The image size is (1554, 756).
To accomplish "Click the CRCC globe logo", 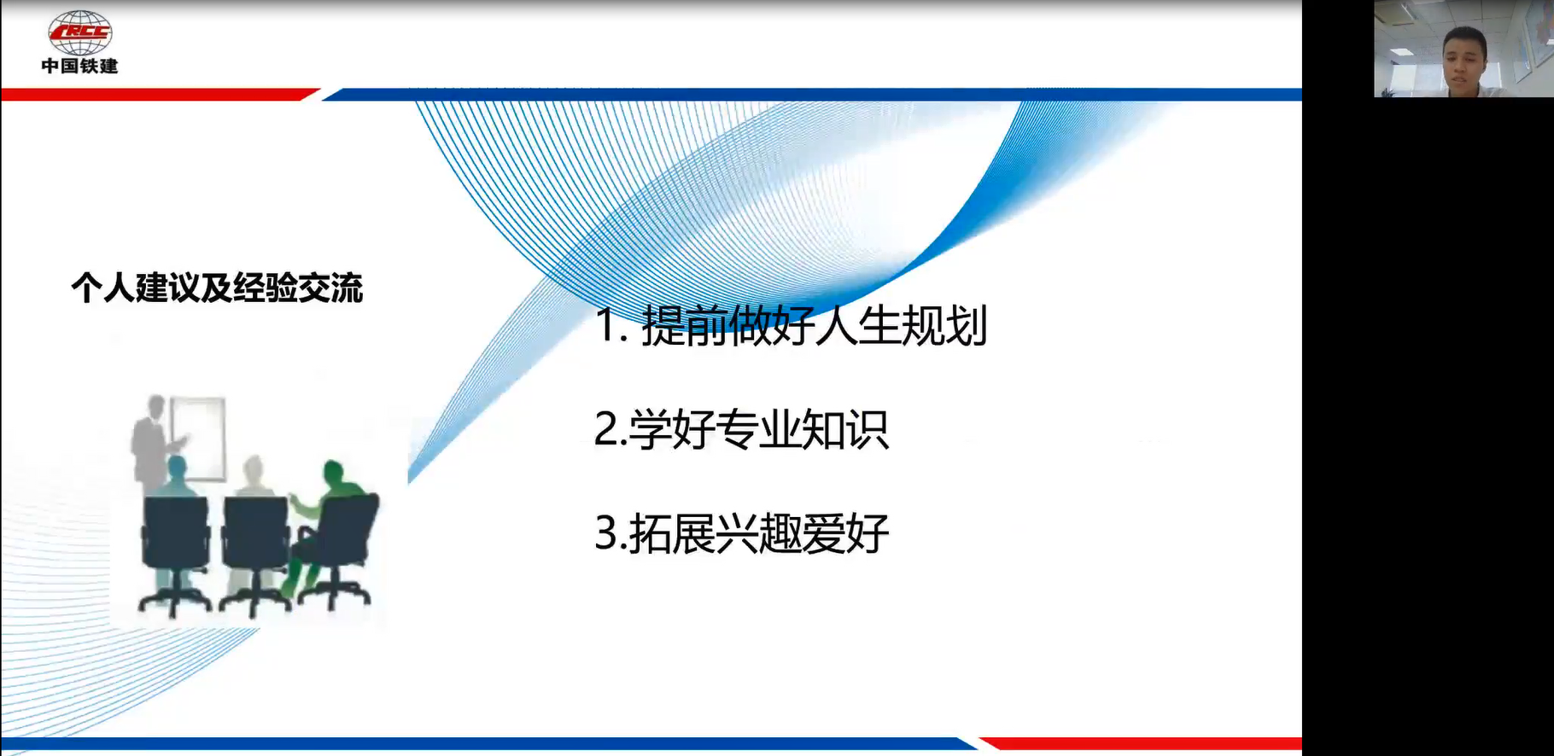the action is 80,32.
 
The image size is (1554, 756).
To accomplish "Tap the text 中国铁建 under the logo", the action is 80,66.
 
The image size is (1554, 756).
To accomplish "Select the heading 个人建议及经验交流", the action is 217,288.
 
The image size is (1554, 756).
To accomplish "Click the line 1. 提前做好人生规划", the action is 791,325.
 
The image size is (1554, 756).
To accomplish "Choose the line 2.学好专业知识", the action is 741,429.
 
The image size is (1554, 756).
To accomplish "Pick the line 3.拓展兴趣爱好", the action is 741,533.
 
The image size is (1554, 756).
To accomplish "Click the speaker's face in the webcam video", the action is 1463,56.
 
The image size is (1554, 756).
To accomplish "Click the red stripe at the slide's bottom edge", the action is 1140,743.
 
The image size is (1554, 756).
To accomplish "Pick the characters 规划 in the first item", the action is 944,325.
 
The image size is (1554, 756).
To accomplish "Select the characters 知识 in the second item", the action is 846,429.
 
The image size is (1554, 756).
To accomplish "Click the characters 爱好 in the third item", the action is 846,533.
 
